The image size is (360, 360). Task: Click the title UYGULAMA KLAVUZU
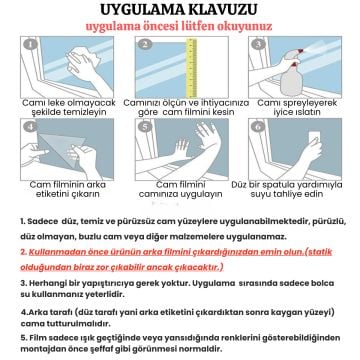pyautogui.click(x=180, y=12)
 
